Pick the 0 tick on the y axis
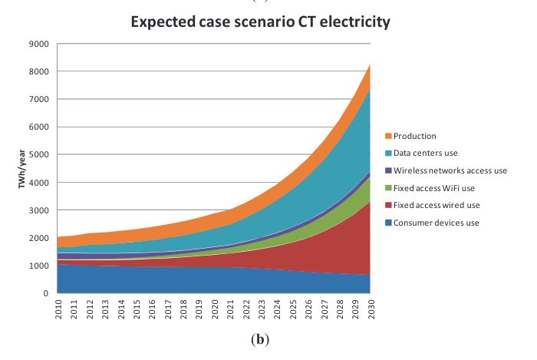(48, 293)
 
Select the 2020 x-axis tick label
(215, 310)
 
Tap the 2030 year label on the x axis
(371, 310)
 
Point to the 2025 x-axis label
(293, 310)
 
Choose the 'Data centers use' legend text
(427, 153)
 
